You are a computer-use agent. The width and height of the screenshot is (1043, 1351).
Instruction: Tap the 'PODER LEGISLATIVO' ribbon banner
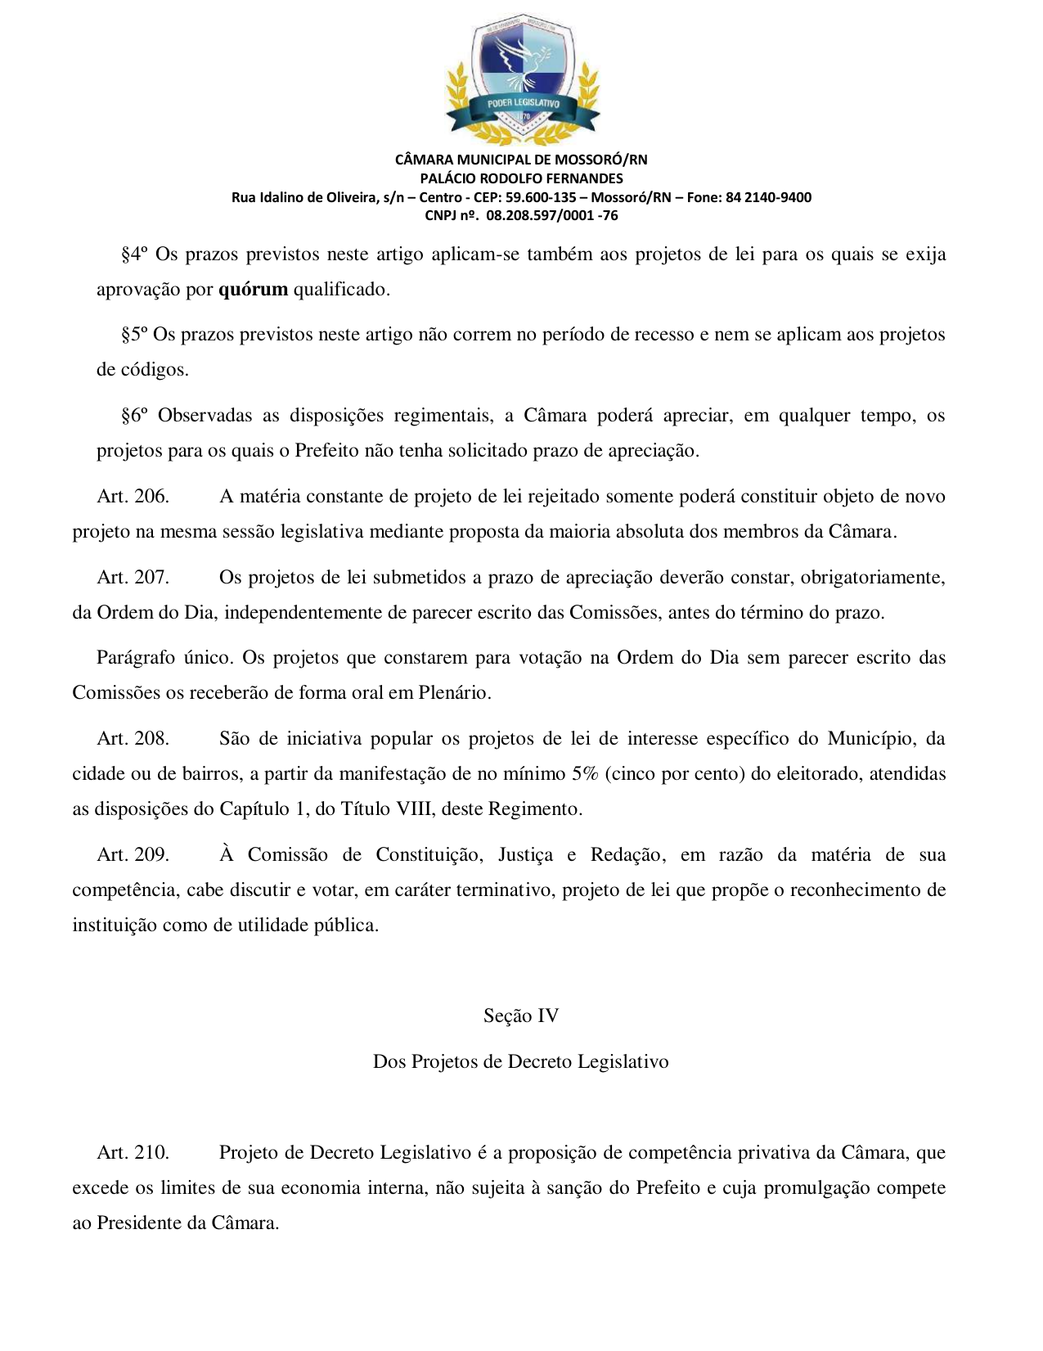coord(523,104)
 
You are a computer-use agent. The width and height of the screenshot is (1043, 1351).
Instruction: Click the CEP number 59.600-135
coord(541,197)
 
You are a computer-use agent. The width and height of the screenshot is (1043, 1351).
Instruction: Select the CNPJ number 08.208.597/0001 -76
coord(551,216)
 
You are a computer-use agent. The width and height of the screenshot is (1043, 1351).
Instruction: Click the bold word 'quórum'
coord(253,290)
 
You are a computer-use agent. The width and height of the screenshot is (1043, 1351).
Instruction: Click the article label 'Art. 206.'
coord(133,497)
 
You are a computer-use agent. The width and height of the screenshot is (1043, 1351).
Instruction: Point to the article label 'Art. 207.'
coord(133,578)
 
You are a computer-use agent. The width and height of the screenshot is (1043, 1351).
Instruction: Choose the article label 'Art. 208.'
coord(133,739)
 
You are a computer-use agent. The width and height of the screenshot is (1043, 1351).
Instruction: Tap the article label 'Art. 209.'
coord(133,855)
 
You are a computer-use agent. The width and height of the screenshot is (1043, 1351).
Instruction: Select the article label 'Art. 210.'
coord(133,1153)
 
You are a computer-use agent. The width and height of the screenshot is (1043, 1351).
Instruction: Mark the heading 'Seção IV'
coord(521,1016)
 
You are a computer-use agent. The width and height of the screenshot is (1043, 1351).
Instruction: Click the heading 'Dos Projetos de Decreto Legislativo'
coord(521,1062)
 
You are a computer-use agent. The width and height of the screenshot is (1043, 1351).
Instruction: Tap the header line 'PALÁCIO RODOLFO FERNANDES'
coord(521,178)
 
